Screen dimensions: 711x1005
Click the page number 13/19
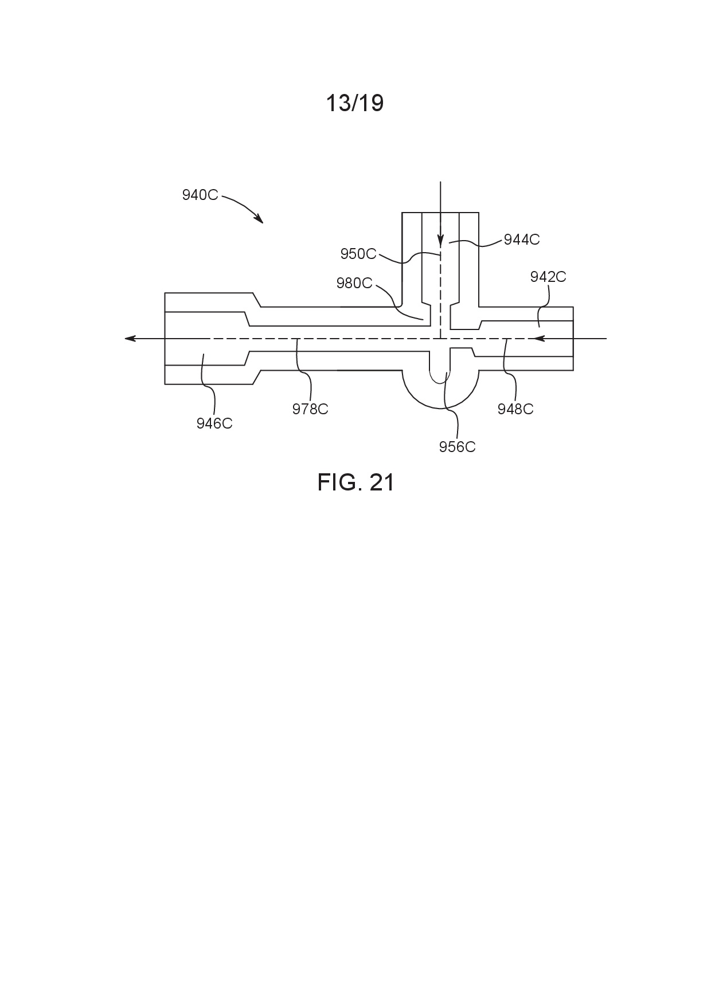coord(355,103)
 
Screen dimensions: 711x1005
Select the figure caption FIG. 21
coord(356,482)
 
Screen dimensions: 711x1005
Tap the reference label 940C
coord(200,195)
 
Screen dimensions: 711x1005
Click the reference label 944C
coord(522,240)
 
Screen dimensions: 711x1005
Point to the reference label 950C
coord(358,254)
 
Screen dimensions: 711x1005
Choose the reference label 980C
coord(354,283)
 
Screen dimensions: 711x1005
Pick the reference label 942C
coord(548,277)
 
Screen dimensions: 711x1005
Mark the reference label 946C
coord(214,423)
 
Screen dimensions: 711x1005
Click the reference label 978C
coord(310,409)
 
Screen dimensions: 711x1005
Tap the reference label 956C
coord(458,447)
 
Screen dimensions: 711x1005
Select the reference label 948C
coord(515,409)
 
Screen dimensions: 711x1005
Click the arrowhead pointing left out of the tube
coord(130,339)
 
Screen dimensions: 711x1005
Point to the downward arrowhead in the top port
coord(440,242)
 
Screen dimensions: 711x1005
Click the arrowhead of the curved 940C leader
coord(259,219)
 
